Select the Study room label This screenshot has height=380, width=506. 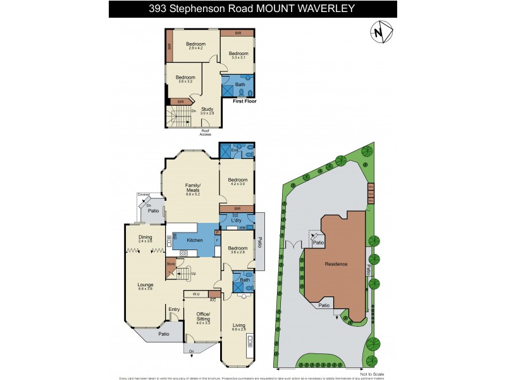(x=207, y=109)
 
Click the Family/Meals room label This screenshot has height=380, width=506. (x=192, y=187)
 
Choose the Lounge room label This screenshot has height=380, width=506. (x=145, y=285)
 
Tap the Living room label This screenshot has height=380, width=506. (x=238, y=326)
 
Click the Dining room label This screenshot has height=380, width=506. (x=145, y=237)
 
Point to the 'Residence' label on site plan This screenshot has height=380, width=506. (x=336, y=263)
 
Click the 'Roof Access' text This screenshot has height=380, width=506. (x=206, y=132)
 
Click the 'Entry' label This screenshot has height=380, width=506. (x=173, y=310)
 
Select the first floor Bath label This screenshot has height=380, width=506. (x=240, y=84)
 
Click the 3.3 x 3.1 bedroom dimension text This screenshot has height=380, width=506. (x=238, y=58)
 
